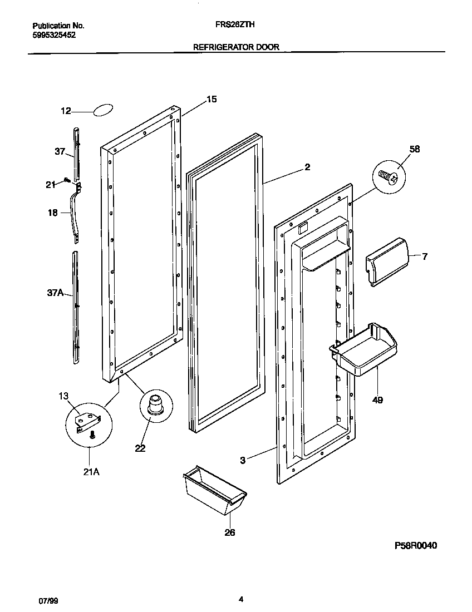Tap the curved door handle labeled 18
point(75,214)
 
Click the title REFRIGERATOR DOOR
point(236,47)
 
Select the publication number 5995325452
point(55,34)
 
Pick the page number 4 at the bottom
point(240,599)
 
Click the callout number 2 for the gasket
point(307,167)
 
